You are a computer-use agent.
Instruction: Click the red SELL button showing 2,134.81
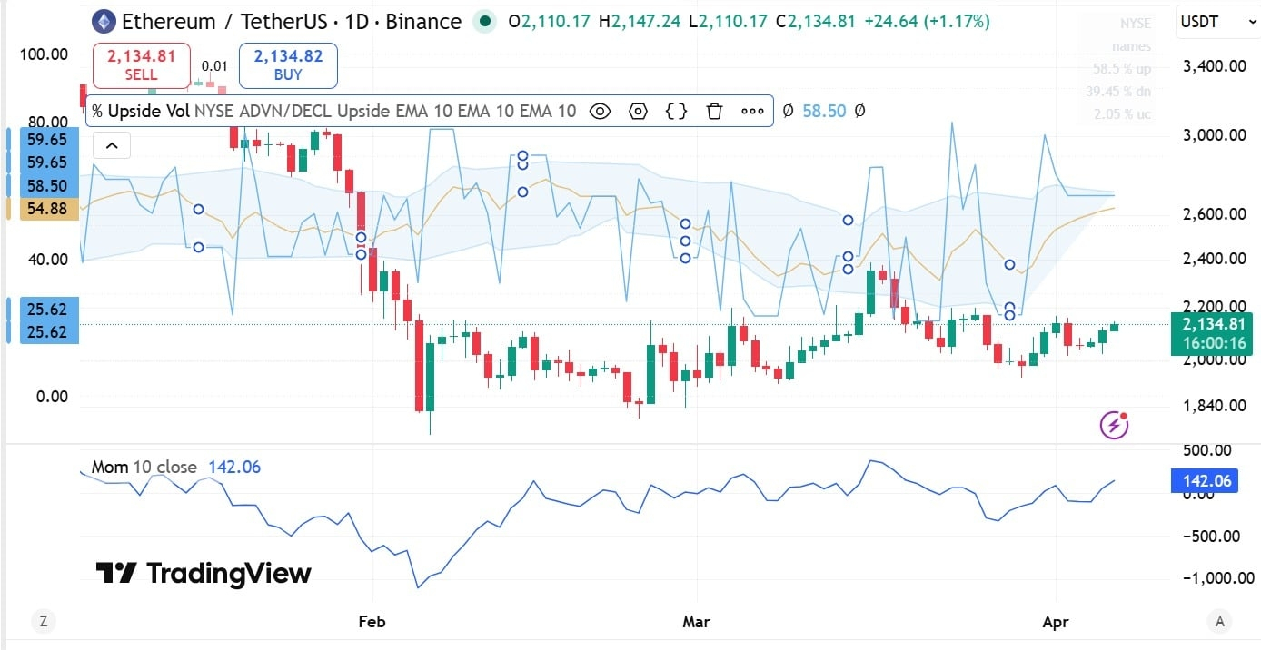(x=141, y=65)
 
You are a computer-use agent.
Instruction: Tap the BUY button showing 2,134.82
(x=288, y=65)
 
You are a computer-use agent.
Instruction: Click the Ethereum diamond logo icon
(x=103, y=22)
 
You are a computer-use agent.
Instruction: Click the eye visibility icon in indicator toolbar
(x=600, y=112)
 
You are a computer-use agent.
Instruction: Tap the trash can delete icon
(x=714, y=112)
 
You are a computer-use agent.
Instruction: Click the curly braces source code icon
(x=676, y=112)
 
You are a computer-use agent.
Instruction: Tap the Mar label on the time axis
(x=696, y=622)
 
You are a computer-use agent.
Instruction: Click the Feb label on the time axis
(x=372, y=622)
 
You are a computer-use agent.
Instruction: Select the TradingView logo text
(x=204, y=573)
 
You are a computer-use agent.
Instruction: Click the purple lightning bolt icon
(x=1114, y=424)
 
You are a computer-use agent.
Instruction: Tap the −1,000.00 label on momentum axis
(x=1207, y=578)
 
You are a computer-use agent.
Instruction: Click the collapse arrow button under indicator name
(x=112, y=145)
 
